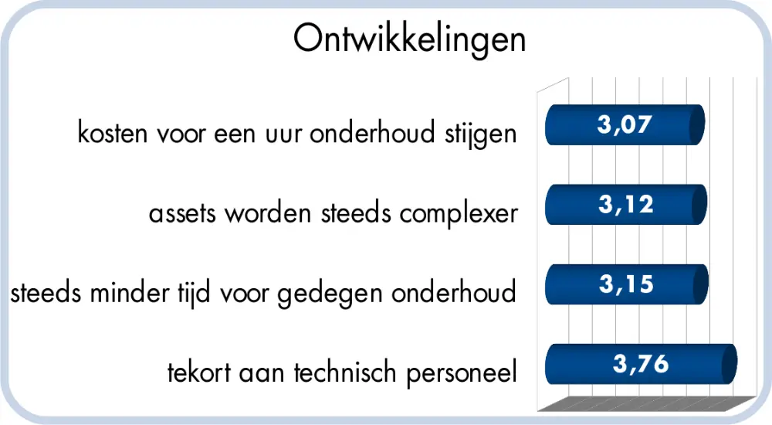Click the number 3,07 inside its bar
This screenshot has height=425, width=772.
point(625,124)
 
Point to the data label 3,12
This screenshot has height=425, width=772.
point(625,204)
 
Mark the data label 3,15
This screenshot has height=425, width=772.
point(625,284)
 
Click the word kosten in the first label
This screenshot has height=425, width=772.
point(113,134)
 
